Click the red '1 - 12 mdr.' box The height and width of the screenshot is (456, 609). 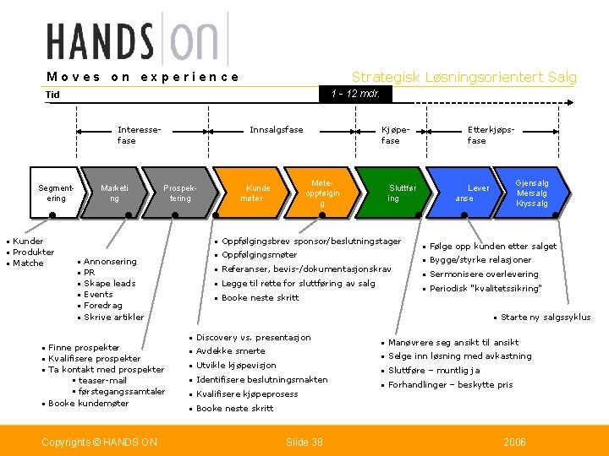tap(354, 94)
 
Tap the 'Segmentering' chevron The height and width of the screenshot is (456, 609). tap(53, 193)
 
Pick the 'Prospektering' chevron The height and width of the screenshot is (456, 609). tap(179, 193)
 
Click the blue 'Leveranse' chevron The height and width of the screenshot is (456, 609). tap(469, 193)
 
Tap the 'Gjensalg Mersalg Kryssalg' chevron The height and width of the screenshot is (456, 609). tap(533, 193)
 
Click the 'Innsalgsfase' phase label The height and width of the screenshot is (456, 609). tap(276, 130)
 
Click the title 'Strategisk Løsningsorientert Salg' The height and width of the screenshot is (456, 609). tap(464, 78)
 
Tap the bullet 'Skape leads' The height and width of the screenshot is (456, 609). tap(110, 284)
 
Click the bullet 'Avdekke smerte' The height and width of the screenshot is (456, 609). tap(230, 351)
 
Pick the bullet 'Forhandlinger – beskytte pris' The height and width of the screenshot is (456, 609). tap(450, 385)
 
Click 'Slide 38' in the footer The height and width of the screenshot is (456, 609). tap(304, 442)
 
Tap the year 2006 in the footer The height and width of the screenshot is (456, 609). tap(514, 442)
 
